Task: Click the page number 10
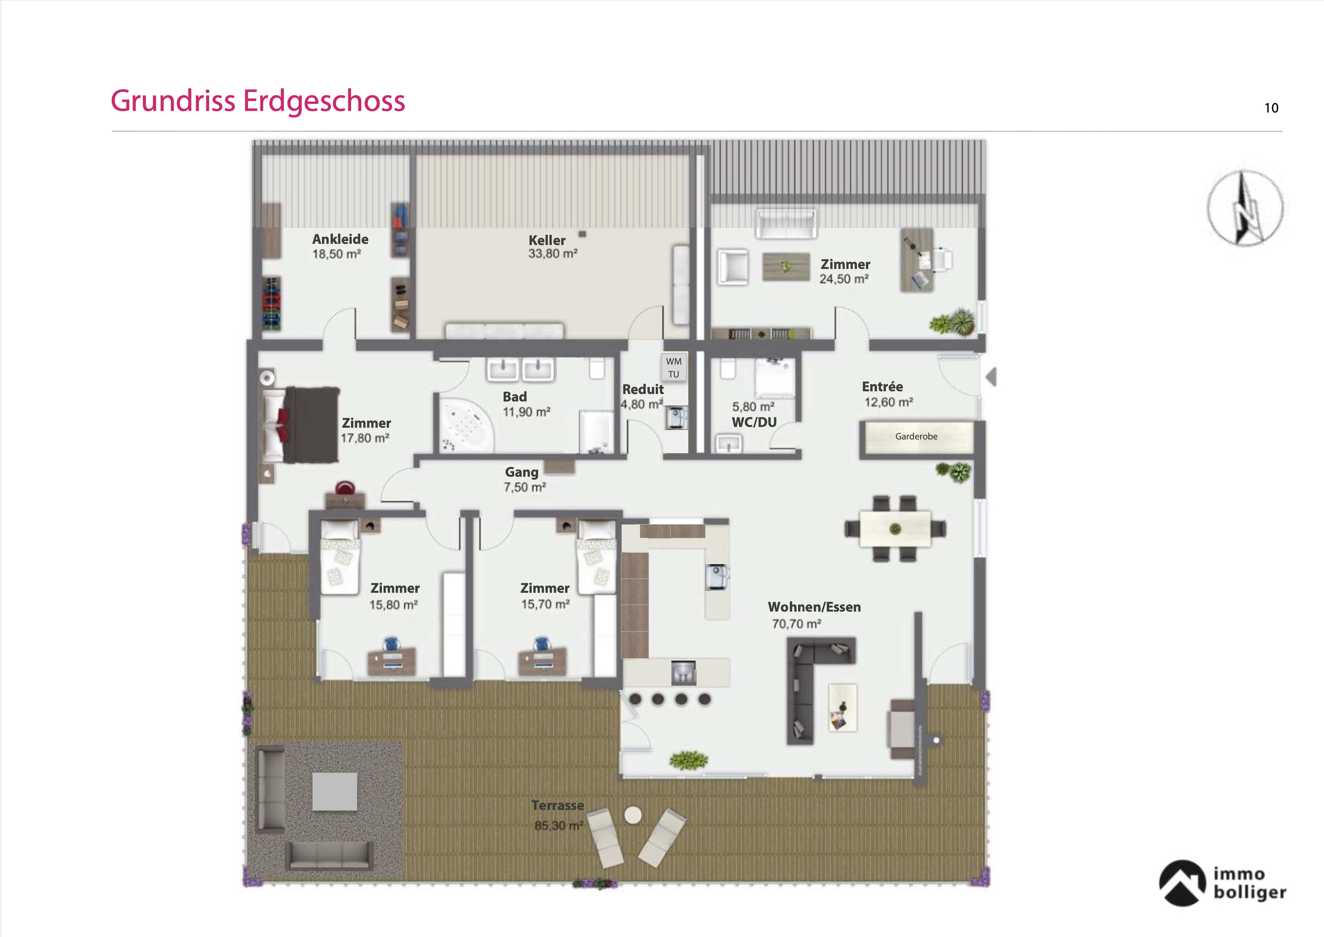click(x=1271, y=108)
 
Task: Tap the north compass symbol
click(x=1245, y=208)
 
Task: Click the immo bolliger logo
click(x=1223, y=883)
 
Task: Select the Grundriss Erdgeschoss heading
click(x=258, y=101)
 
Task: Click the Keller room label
click(x=547, y=240)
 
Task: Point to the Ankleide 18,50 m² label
click(x=340, y=246)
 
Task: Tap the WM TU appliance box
click(x=673, y=368)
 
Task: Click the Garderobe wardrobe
click(x=916, y=437)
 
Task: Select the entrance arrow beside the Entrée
click(x=991, y=377)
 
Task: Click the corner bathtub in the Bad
click(x=466, y=426)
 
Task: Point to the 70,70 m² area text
click(x=796, y=624)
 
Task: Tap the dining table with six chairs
click(x=895, y=528)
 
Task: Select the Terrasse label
click(x=558, y=806)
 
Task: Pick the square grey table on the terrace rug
click(x=335, y=792)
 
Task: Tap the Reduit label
click(x=643, y=389)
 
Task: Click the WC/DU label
click(x=754, y=422)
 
